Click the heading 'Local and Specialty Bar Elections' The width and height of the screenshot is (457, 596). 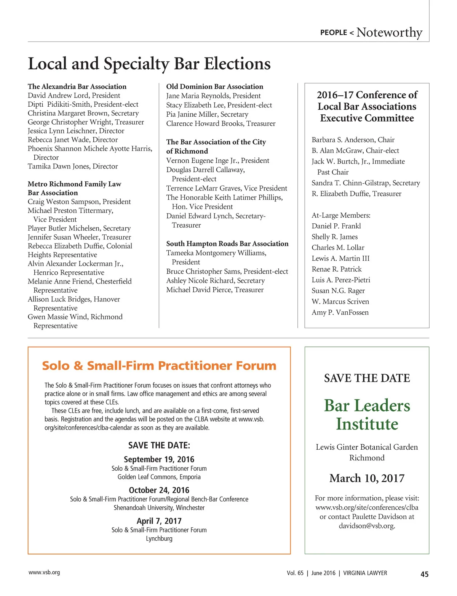coord(149,64)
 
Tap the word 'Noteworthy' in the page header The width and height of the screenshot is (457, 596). coord(389,32)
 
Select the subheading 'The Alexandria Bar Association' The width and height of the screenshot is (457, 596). coord(77,87)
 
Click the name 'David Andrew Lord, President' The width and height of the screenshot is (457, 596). coord(74,95)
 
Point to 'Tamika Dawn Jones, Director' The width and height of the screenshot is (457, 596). coord(73,166)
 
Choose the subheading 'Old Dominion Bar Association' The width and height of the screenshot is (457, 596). coord(214,87)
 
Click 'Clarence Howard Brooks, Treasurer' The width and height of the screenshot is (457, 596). coord(221,123)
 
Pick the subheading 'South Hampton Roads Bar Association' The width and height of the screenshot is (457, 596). coord(227,244)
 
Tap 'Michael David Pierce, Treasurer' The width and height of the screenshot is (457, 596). coord(215,290)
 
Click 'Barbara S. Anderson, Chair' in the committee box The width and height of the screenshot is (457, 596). coord(353,140)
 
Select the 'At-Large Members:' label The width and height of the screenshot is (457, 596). coord(341,215)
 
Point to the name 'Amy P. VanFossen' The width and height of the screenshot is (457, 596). coord(340,312)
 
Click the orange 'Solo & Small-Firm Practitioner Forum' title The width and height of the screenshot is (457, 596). coord(159,366)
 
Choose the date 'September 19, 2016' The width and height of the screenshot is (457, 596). coord(159,459)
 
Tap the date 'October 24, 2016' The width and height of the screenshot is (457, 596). coord(159,490)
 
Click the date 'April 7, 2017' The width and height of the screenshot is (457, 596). coord(159,521)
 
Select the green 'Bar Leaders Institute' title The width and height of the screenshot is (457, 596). coord(367,415)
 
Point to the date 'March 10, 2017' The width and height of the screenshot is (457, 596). coord(367,478)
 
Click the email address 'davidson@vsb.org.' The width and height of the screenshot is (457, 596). coord(367,526)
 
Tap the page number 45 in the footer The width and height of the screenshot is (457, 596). coord(424,574)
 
